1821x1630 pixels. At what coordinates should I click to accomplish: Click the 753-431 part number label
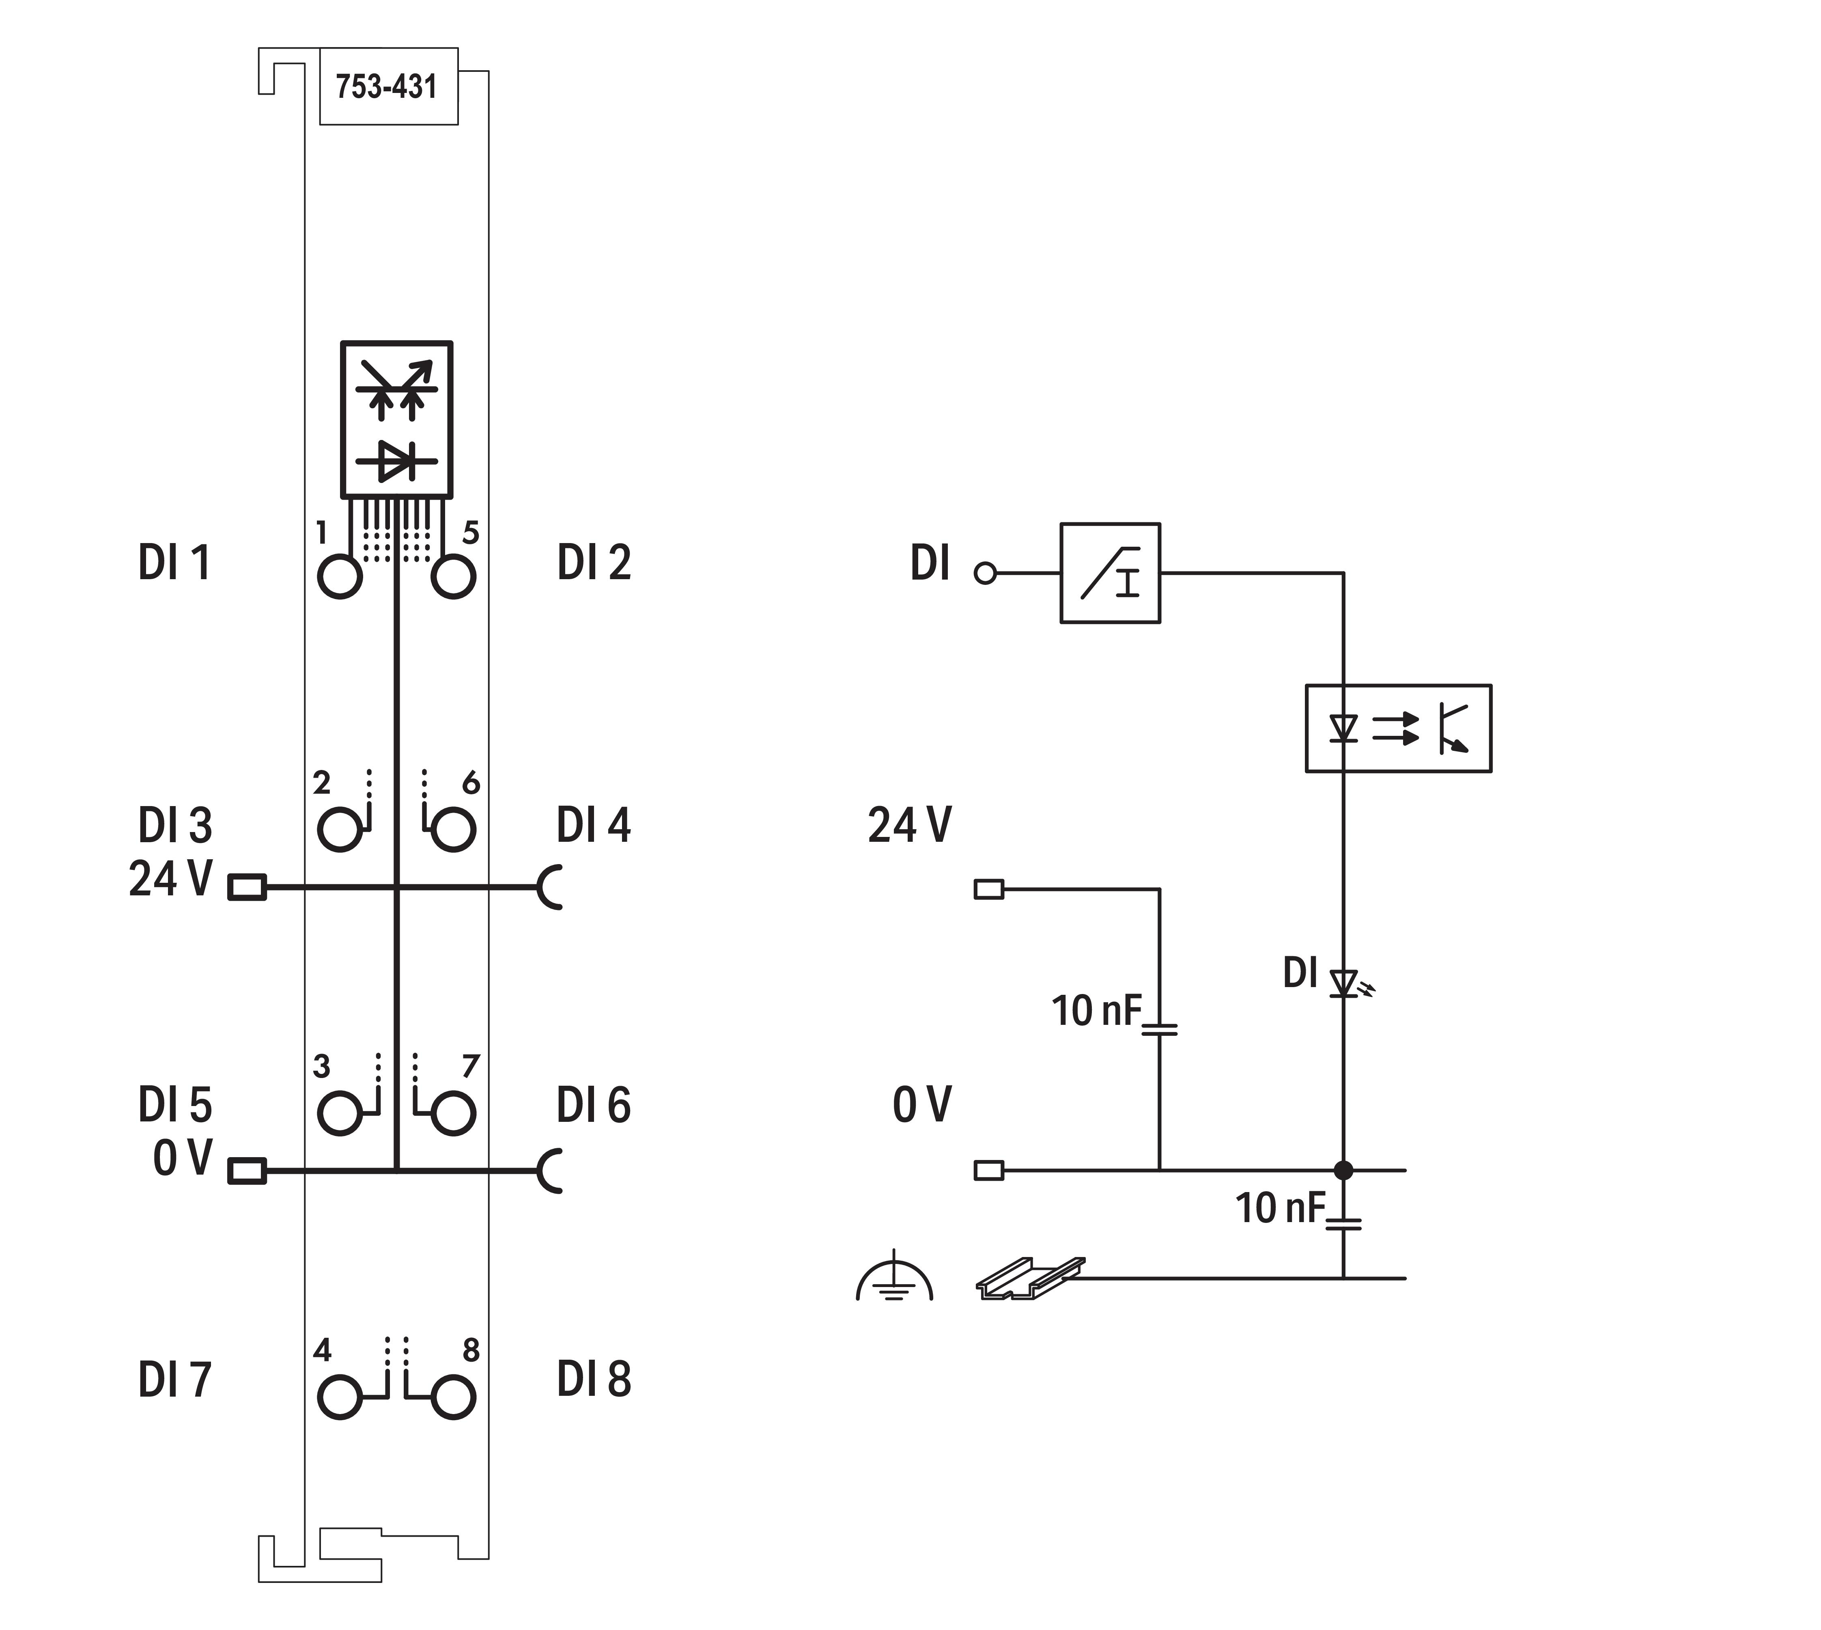coord(387,87)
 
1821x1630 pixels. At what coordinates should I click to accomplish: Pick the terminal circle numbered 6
coord(453,829)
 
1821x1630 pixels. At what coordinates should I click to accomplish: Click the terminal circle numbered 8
coord(453,1397)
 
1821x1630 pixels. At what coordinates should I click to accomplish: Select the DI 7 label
coord(174,1380)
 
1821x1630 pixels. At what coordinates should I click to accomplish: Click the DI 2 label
coord(594,563)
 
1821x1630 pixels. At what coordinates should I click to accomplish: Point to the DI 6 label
coord(594,1105)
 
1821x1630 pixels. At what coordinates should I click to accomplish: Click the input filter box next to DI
coord(1110,573)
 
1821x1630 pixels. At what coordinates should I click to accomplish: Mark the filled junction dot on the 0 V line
coord(1343,1170)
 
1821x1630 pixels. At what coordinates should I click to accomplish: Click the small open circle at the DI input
coord(985,573)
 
